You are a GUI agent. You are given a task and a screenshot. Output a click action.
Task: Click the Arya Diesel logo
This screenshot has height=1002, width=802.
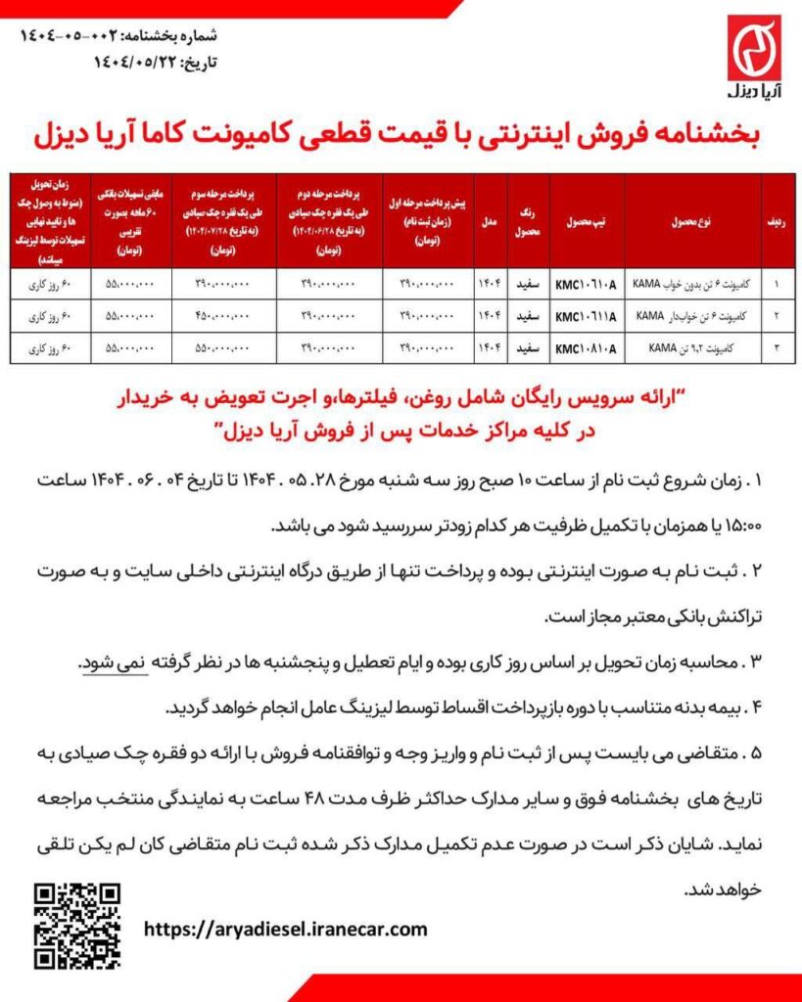[x=753, y=58]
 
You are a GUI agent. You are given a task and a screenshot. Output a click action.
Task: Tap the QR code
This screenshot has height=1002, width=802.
[x=78, y=926]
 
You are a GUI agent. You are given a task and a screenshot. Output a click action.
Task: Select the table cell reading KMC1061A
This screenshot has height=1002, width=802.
[x=585, y=284]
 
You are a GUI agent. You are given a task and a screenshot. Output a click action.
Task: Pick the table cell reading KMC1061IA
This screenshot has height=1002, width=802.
[x=585, y=316]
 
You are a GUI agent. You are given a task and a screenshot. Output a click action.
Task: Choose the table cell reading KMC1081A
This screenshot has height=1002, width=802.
[x=585, y=347]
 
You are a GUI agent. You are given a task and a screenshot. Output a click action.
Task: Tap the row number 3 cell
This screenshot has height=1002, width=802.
[x=777, y=347]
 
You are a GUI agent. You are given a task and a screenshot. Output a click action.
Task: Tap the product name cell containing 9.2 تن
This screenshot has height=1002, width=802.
[x=692, y=347]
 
